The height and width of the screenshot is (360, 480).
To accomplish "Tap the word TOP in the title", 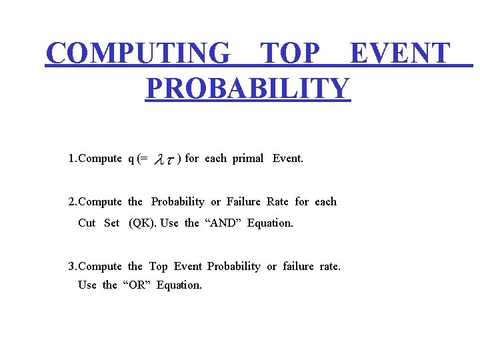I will (289, 53).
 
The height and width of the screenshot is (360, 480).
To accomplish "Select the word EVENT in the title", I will (400, 53).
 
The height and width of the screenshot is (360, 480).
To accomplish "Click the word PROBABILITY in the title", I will (247, 88).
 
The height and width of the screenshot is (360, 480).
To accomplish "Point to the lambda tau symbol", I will (164, 159).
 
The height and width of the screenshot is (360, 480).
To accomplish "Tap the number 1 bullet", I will (71, 159).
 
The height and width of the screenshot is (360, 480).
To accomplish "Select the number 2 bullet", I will (71, 201).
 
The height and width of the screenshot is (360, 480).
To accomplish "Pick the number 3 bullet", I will (71, 266).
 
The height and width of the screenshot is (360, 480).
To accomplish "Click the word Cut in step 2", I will (87, 223).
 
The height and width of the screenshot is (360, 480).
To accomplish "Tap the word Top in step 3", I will (158, 266).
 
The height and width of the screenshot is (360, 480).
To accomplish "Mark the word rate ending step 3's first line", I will (329, 266).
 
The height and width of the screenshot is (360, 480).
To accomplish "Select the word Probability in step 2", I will (177, 201).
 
